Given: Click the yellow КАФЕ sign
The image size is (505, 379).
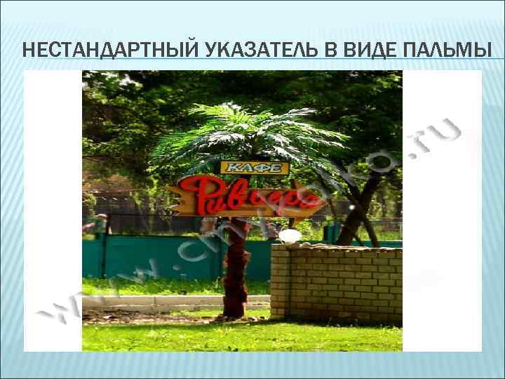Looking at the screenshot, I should coord(255,168).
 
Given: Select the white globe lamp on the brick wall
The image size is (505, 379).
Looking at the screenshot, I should coord(289,236).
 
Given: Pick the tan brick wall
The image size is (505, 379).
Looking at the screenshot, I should coord(337,284).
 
